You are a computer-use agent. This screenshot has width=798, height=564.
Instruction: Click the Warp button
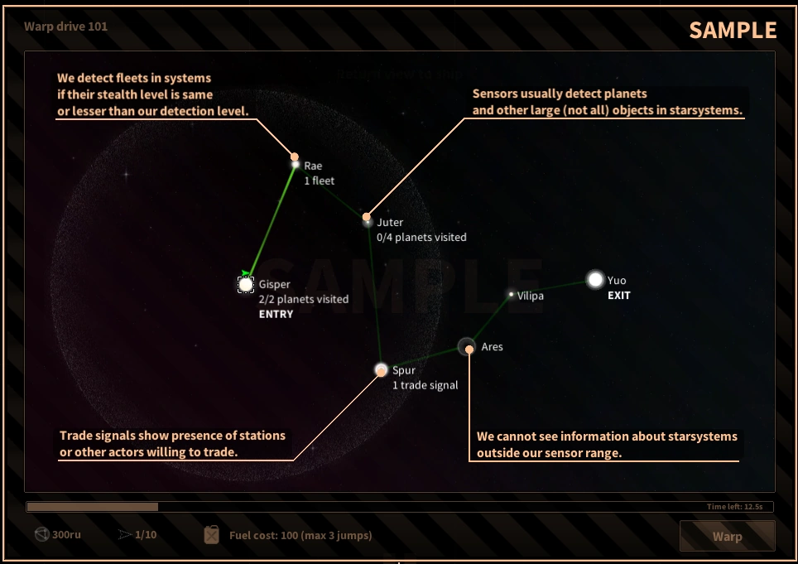pos(727,536)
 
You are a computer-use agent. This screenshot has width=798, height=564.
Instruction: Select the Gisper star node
pos(246,285)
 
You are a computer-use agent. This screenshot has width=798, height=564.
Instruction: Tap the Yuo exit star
pos(595,280)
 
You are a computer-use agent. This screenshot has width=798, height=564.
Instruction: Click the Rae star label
pos(313,166)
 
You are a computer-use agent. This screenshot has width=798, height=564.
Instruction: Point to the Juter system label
pos(390,222)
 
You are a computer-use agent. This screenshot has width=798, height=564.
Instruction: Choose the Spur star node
pos(381,370)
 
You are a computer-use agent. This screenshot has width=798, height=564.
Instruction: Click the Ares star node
pos(467,347)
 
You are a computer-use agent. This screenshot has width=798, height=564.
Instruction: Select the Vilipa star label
pos(531,296)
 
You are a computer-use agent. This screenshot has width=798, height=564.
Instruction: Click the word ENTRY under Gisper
pos(276,315)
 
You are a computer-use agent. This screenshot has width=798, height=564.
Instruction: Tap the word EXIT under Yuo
pos(619,296)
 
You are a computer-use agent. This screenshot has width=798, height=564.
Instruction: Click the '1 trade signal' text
pos(425,385)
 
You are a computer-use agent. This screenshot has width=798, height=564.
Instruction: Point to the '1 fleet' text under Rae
pos(320,181)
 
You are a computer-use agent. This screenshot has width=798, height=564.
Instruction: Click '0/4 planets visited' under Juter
pos(421,238)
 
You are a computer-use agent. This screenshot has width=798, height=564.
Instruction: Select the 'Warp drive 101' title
pos(65,27)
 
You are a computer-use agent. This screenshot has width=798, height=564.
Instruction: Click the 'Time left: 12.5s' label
pos(740,506)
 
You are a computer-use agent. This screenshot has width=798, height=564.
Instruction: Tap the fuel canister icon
pos(212,535)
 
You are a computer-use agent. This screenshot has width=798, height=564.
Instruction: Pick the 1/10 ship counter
pos(146,535)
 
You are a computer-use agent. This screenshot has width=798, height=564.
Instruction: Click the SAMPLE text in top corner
pos(733,31)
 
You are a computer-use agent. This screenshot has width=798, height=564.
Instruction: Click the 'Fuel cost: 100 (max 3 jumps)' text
pos(300,535)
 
